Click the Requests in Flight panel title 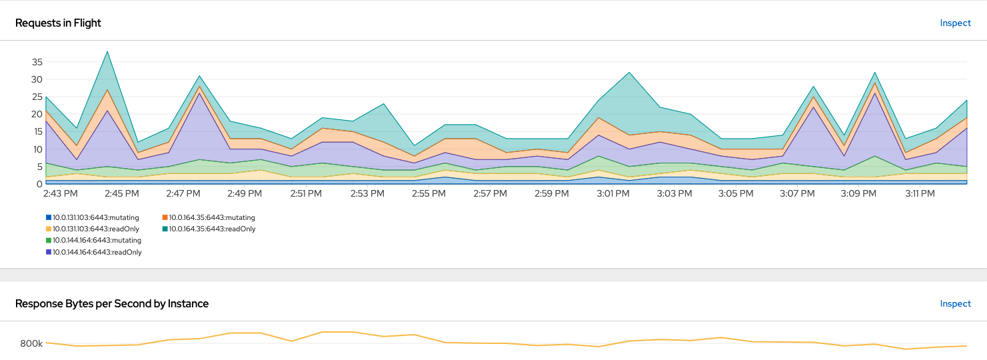58,23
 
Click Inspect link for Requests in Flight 955,23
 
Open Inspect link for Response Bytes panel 955,303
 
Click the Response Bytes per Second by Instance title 112,303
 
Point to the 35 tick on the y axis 37,62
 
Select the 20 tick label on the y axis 37,114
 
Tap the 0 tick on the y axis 40,184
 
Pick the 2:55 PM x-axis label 429,193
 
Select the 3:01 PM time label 613,193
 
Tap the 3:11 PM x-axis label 920,193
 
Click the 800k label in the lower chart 31,343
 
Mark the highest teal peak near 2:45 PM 107,51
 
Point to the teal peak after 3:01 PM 628,73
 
